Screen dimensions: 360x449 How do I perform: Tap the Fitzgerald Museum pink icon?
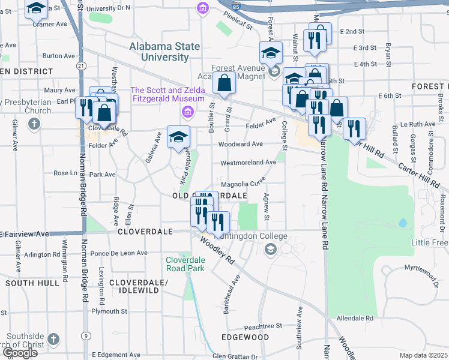coord(187,112)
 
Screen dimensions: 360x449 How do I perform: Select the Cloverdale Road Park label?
coord(185,263)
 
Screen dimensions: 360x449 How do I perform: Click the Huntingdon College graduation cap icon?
coord(271,249)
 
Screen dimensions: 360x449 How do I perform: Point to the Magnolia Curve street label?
coord(243,184)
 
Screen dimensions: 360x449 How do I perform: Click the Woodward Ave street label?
coord(240,144)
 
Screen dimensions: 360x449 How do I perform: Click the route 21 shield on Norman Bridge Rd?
coord(81,65)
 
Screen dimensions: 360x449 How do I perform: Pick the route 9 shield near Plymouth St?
coord(87,335)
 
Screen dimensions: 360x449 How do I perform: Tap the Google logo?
coord(19,353)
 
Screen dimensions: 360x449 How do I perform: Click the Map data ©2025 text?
coord(423,355)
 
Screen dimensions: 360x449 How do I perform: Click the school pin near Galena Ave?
coord(178,137)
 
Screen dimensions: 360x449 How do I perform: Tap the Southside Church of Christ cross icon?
coord(53,339)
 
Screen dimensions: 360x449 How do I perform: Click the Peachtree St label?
coord(263,326)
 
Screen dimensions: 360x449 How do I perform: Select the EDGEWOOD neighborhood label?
coord(244,337)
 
